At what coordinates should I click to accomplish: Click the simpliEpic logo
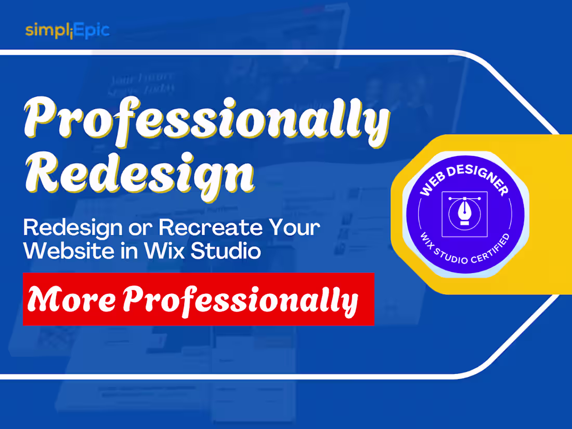click(67, 30)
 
